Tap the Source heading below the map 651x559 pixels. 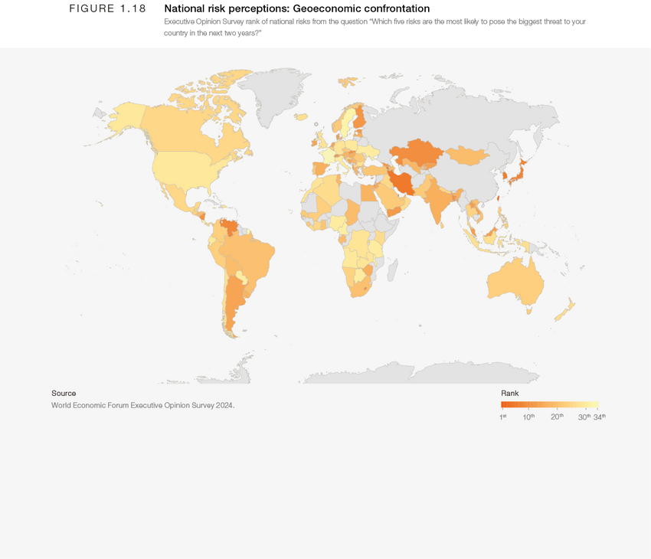[x=64, y=393]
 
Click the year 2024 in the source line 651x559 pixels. [x=224, y=404]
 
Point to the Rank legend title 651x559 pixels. [x=510, y=393]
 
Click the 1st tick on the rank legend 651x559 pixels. [x=503, y=417]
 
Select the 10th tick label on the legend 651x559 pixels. [x=528, y=417]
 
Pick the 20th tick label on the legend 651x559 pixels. [x=557, y=417]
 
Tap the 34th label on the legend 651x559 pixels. [x=599, y=417]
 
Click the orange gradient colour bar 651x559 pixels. [x=550, y=405]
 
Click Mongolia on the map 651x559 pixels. [x=466, y=156]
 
